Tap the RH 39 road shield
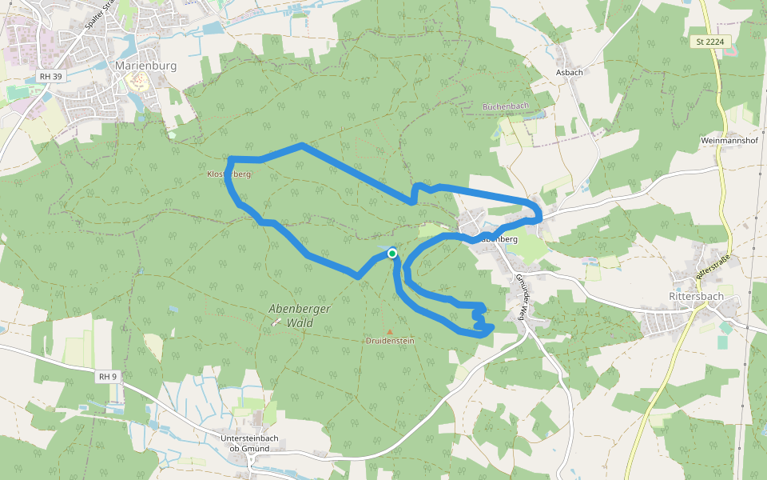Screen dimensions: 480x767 (x=50, y=77)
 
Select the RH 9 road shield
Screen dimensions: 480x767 (x=108, y=375)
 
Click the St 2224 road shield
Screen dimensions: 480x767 (x=709, y=42)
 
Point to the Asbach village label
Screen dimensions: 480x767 (x=567, y=71)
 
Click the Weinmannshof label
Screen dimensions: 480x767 (x=728, y=140)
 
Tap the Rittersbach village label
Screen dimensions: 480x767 (x=694, y=297)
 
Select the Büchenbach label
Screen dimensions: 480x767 (x=506, y=106)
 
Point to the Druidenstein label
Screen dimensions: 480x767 (x=390, y=341)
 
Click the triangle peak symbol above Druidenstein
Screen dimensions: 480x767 (x=390, y=331)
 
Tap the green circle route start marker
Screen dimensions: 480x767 (x=392, y=254)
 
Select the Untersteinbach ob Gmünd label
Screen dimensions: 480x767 (x=250, y=443)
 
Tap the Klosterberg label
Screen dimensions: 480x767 (x=230, y=174)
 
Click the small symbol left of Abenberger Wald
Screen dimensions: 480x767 (x=276, y=322)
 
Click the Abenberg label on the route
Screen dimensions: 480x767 (x=498, y=239)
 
